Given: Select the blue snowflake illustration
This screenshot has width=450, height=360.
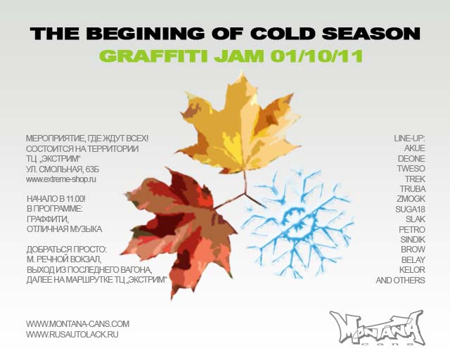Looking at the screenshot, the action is pos(298,224).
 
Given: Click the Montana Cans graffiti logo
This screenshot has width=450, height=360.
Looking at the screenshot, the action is pos(377,328).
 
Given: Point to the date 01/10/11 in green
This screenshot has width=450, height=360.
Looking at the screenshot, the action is pos(316,56).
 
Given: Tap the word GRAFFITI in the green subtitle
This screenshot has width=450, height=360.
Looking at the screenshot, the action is pos(153,56).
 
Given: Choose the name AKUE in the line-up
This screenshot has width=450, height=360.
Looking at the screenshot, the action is pos(414,148).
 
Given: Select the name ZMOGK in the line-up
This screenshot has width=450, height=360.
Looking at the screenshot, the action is pos(411,199).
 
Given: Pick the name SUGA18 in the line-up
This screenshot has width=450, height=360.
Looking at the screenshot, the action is pos(410,210).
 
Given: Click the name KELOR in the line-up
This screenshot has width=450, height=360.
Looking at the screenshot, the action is pos(412,270).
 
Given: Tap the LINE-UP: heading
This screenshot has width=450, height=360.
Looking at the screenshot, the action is pos(409,139).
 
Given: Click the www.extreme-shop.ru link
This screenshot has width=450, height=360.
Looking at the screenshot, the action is pos(61,179).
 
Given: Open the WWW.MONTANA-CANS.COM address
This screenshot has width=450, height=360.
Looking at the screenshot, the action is pos(77,324).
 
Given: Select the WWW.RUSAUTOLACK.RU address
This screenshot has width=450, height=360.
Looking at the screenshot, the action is pos(72,335).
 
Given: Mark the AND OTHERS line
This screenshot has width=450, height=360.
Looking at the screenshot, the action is pos(400,280).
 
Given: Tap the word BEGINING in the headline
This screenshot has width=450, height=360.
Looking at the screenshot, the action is pos(148,33).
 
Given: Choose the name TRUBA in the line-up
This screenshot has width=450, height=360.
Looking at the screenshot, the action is pos(413,189).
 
